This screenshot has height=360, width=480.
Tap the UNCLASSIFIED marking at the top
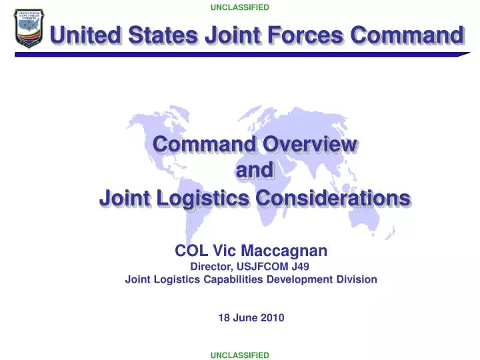click(x=240, y=7)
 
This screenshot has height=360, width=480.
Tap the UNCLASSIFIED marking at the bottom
click(x=240, y=355)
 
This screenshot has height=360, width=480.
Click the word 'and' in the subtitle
click(x=255, y=171)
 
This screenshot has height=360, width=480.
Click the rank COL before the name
click(x=189, y=251)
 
